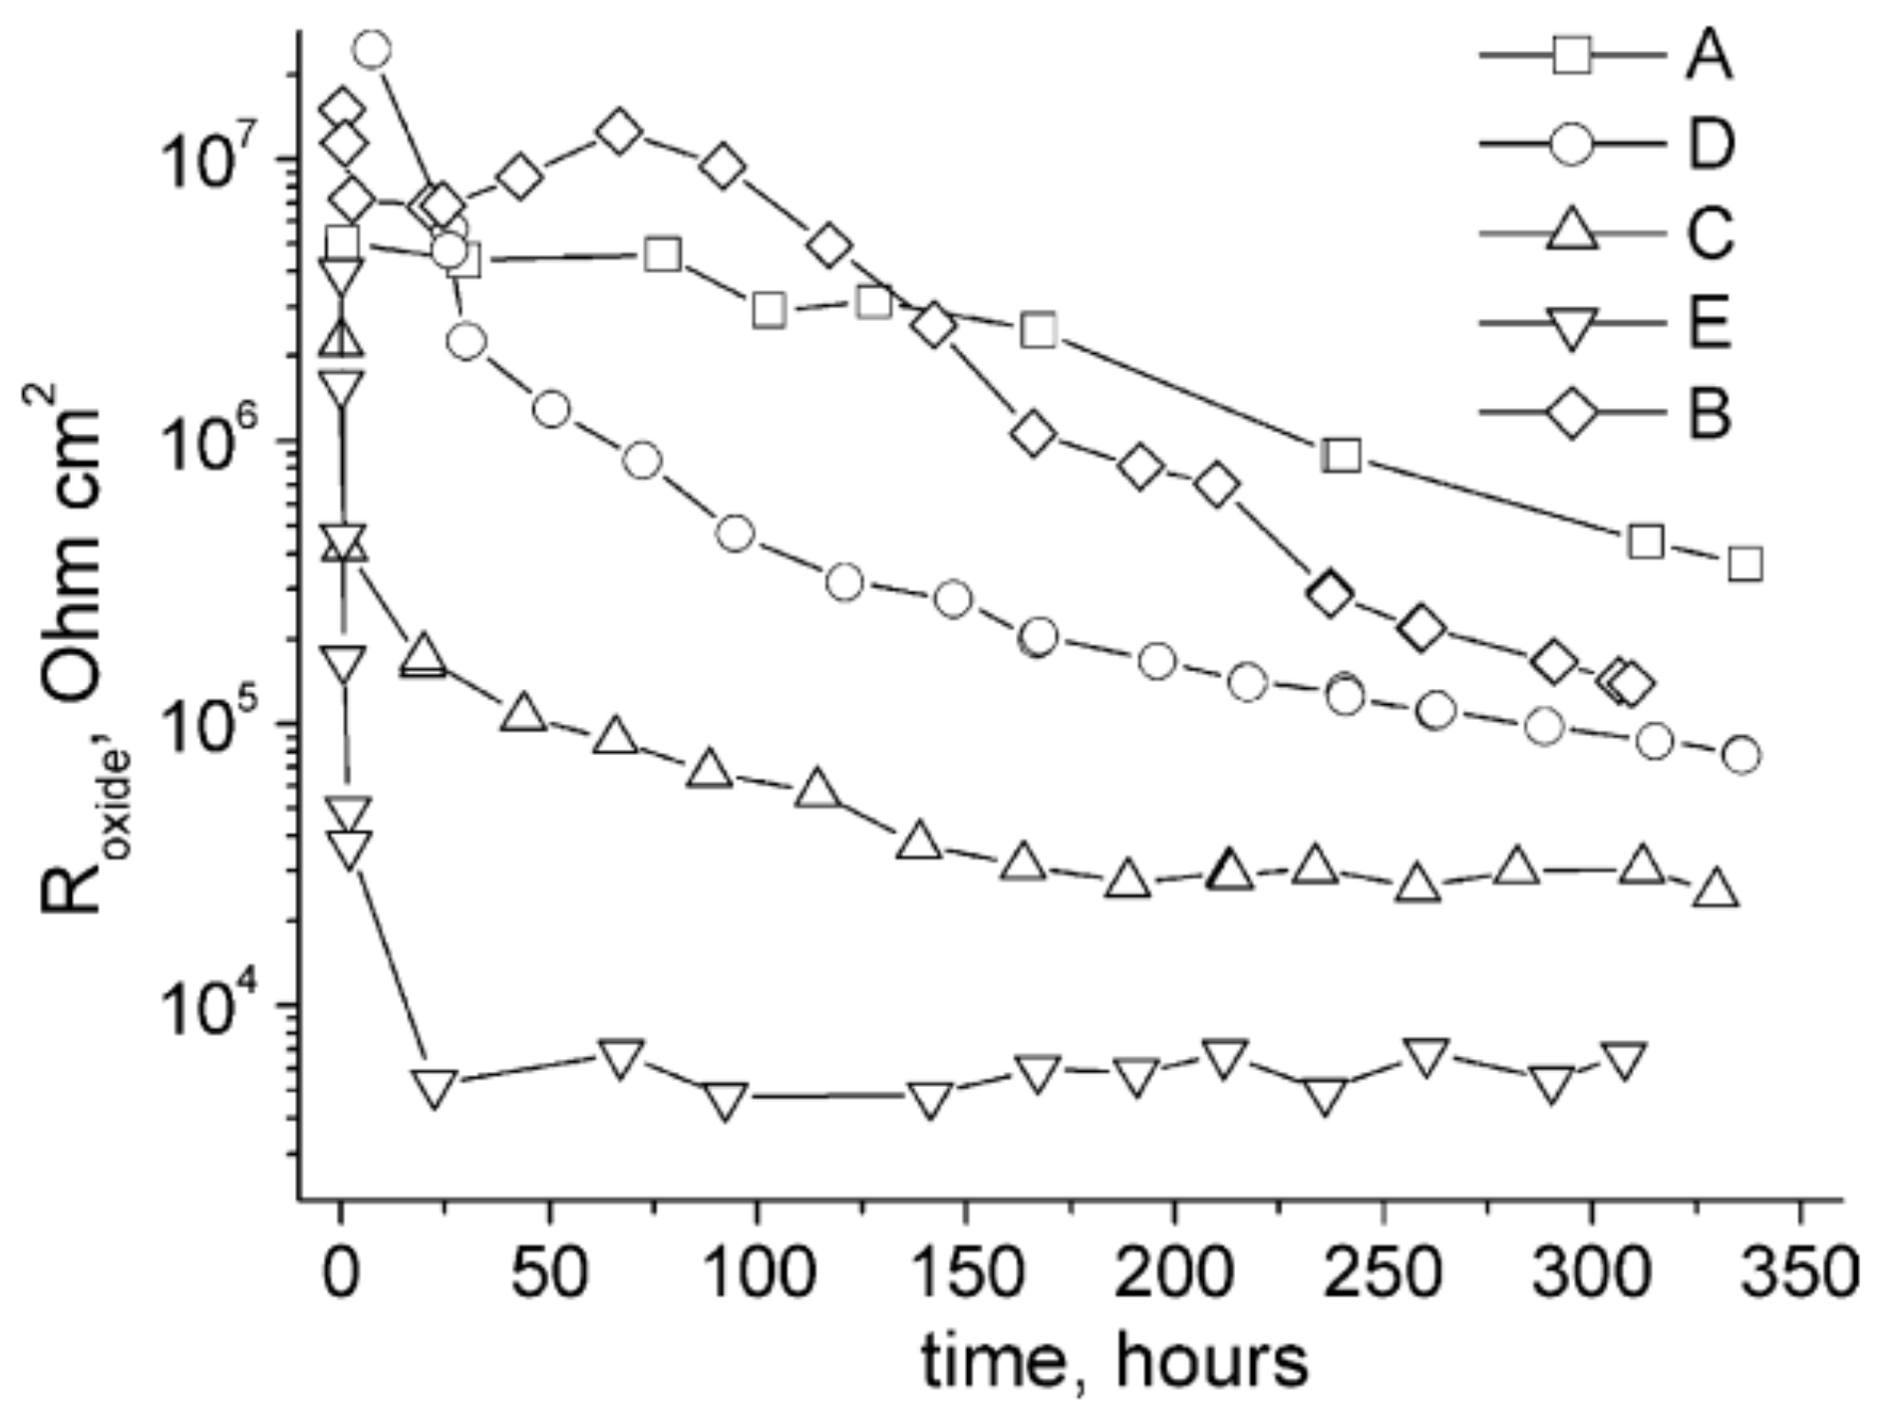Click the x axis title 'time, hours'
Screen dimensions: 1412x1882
[x=1113, y=1362]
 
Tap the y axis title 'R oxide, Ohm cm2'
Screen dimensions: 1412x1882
[x=75, y=648]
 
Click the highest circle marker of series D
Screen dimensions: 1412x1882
[x=372, y=49]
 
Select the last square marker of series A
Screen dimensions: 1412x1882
[x=1744, y=563]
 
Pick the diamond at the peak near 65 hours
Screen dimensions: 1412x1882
[x=619, y=132]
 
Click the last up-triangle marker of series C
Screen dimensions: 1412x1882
[x=1717, y=888]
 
